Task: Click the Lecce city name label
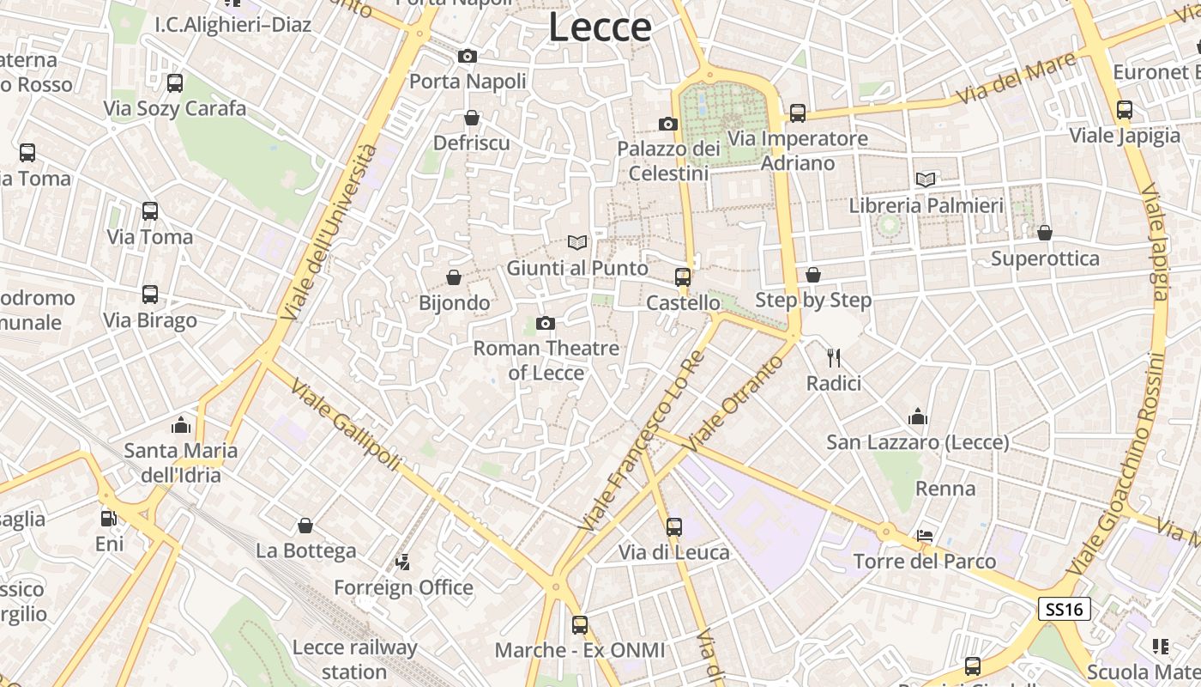(600, 27)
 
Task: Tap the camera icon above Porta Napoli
(468, 57)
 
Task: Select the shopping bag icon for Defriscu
(471, 118)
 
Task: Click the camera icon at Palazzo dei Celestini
(668, 124)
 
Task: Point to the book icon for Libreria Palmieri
(926, 179)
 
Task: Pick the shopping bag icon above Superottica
(1045, 233)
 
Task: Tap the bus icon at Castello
(683, 277)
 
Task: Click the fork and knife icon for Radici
(833, 357)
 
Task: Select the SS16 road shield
(1064, 609)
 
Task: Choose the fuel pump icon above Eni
(109, 519)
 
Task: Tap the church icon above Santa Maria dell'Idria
(180, 424)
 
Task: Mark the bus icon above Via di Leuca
(674, 527)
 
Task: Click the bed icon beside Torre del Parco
(925, 536)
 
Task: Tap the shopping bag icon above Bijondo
(454, 277)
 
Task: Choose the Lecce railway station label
(354, 659)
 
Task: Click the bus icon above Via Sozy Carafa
(175, 83)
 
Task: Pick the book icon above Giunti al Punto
(577, 243)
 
